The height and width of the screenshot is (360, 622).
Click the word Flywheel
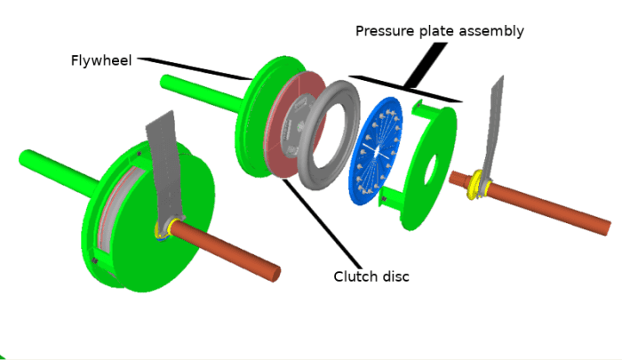point(101,61)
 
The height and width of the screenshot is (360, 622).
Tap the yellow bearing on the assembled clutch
point(163,229)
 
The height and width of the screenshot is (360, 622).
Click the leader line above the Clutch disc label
point(320,222)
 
